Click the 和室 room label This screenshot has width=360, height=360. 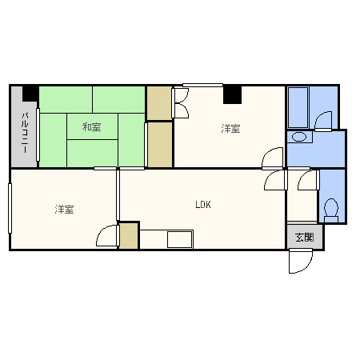[x=91, y=127]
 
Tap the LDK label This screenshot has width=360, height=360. [x=203, y=205]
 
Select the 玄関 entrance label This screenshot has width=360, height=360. [x=305, y=237]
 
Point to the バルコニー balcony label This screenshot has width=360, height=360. [x=25, y=133]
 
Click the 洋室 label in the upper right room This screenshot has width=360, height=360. [x=230, y=129]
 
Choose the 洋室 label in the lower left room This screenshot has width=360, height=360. [x=64, y=210]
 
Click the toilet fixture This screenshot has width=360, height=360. [x=331, y=210]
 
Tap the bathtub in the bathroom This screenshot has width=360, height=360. [x=298, y=107]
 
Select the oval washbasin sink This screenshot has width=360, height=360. [x=299, y=137]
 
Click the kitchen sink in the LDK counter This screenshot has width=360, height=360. [x=180, y=239]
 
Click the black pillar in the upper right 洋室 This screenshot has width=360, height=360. [x=232, y=95]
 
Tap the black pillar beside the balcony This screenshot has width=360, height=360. [x=30, y=94]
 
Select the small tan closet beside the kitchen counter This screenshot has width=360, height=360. [x=128, y=236]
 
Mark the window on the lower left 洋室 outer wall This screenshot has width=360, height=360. [x=10, y=208]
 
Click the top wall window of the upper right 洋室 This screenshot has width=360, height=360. [x=202, y=85]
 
